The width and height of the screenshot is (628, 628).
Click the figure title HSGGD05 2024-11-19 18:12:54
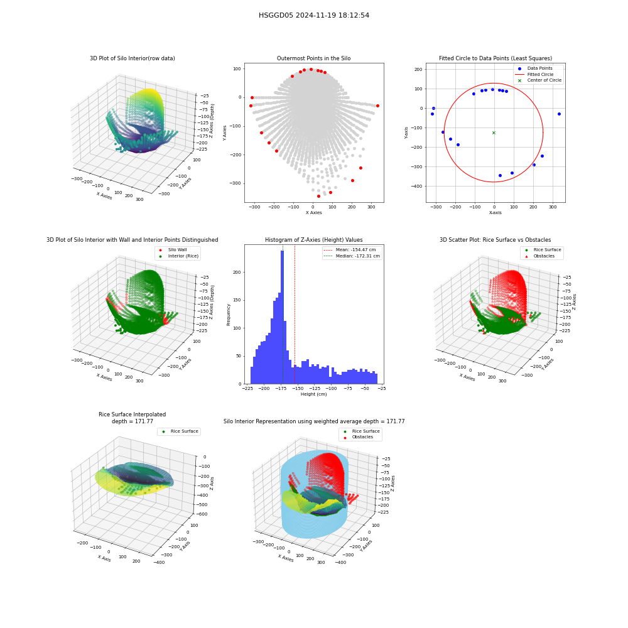tap(314, 15)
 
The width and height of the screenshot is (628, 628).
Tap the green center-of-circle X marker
tap(494, 133)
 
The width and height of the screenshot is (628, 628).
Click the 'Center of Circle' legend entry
tap(539, 80)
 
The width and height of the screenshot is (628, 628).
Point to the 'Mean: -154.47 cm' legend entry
tap(350, 249)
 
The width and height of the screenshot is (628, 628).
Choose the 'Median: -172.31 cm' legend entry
tap(352, 256)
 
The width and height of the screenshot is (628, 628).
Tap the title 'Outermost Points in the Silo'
tap(313, 58)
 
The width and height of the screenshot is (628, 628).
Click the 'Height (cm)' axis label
tap(313, 394)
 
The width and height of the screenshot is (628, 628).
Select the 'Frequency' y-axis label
tap(229, 315)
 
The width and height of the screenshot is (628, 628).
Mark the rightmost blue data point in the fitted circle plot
tap(559, 114)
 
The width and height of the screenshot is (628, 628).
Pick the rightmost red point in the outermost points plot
tap(377, 106)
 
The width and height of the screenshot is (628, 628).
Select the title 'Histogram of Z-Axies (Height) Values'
tap(313, 240)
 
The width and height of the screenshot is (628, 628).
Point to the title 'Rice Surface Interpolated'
tap(132, 414)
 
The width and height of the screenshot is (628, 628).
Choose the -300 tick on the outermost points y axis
tap(236, 183)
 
